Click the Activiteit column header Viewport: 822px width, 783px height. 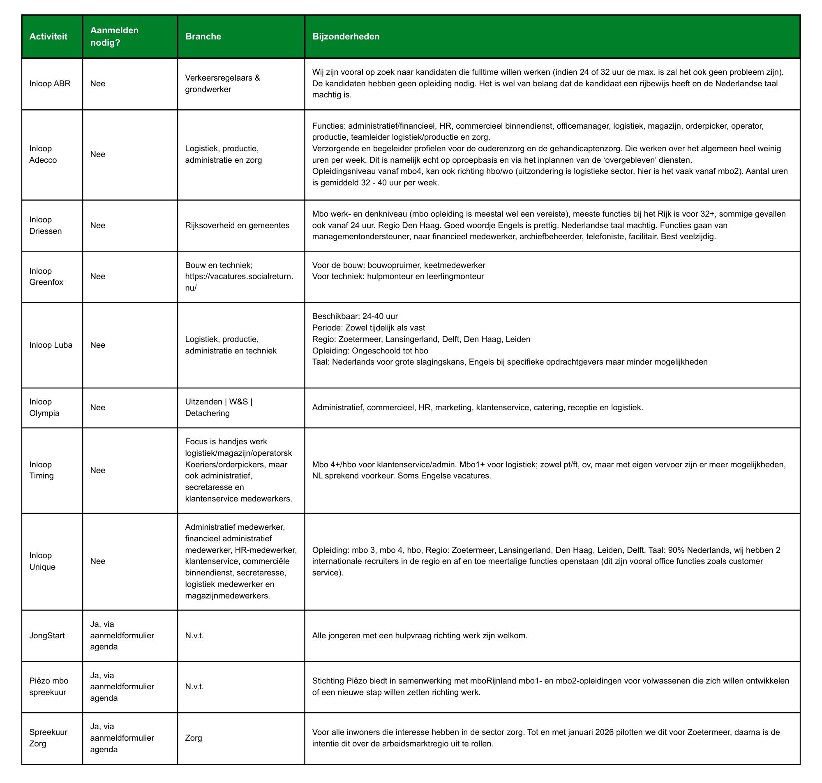(48, 36)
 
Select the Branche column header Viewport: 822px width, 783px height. (203, 36)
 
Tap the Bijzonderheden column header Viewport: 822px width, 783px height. (346, 36)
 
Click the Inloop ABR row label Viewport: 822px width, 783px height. (50, 83)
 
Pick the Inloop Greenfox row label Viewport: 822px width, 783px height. (46, 276)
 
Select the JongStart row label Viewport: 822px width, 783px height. (47, 635)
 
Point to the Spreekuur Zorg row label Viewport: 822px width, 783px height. (48, 737)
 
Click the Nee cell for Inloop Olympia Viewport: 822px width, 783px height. (97, 407)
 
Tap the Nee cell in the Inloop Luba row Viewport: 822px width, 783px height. (97, 345)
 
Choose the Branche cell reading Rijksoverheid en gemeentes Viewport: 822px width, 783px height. (237, 225)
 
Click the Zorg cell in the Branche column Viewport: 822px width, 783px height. (193, 737)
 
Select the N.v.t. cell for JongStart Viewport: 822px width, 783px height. (194, 635)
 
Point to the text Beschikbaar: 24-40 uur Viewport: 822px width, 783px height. (355, 316)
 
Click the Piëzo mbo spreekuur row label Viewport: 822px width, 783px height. (48, 686)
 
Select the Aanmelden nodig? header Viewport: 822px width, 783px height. (114, 36)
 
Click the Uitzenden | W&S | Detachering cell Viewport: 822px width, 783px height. (218, 407)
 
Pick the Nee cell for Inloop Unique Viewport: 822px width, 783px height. (97, 561)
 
